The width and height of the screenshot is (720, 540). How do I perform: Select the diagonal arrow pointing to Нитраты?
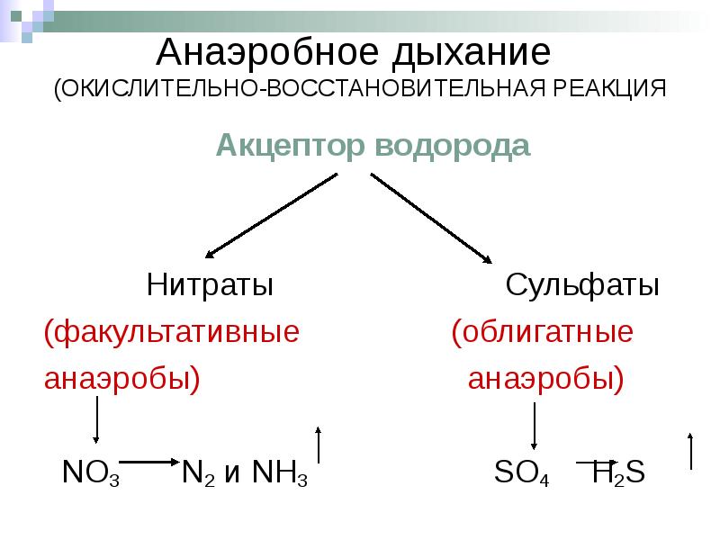[x=271, y=212]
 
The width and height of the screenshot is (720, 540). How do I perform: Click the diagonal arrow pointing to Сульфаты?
[x=430, y=216]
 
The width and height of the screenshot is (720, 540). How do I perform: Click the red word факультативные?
[x=172, y=333]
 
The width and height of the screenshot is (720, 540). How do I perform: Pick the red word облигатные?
[x=542, y=333]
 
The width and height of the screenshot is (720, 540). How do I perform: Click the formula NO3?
[x=91, y=472]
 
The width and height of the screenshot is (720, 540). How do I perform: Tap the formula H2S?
[x=618, y=472]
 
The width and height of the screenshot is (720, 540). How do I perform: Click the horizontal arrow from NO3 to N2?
[x=148, y=463]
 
